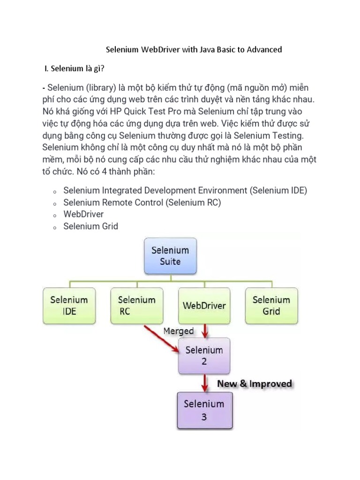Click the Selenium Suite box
point(169,256)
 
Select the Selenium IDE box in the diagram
point(69,305)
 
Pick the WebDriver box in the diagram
point(204,305)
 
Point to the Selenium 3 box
point(204,409)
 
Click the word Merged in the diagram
point(178,331)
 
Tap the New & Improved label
point(255,384)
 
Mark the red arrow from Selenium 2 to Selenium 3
point(205,382)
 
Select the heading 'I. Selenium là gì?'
point(74,69)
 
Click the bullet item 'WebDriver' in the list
point(83,214)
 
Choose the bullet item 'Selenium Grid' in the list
point(90,226)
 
